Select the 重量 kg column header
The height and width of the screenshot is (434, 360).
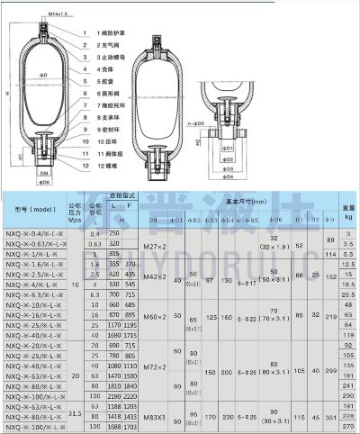pos(347,213)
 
